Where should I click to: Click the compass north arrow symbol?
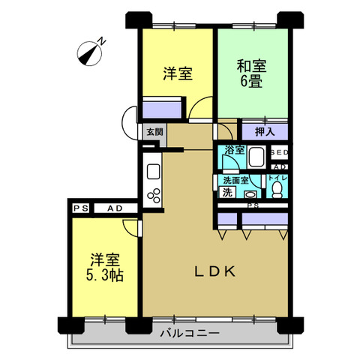click(x=89, y=54)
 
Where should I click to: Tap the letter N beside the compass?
click(x=101, y=41)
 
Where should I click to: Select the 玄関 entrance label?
click(x=154, y=132)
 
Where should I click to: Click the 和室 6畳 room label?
click(x=251, y=73)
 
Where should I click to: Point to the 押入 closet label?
click(x=265, y=132)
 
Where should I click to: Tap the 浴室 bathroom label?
click(x=234, y=150)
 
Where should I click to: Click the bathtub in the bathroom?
click(x=256, y=157)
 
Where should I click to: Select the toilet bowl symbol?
click(x=277, y=190)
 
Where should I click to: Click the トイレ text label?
click(x=277, y=178)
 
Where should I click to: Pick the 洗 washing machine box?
click(x=227, y=192)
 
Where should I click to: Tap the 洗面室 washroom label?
click(x=235, y=180)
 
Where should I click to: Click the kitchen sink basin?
click(x=153, y=171)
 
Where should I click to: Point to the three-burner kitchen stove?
click(x=154, y=196)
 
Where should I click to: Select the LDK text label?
click(x=215, y=271)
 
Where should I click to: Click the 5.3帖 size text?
click(x=104, y=275)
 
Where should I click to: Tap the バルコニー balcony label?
click(x=190, y=333)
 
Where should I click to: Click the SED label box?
click(x=280, y=152)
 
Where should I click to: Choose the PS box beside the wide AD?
click(x=81, y=208)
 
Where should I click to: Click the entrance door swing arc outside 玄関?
click(x=129, y=123)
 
